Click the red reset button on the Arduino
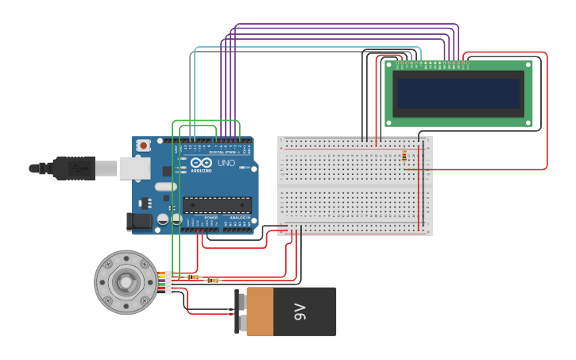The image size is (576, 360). tap(143, 145)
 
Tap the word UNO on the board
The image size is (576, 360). tap(226, 163)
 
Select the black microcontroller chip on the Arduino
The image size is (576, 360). tap(217, 205)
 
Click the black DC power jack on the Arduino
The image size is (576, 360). tap(139, 222)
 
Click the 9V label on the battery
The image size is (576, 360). tap(300, 312)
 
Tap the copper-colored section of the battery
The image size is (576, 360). tap(260, 312)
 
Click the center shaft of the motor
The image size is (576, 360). tap(125, 282)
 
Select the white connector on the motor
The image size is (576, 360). tap(169, 282)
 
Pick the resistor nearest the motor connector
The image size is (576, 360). tap(193, 277)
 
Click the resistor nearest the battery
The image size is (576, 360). tap(212, 281)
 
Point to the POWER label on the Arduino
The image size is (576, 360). tap(211, 217)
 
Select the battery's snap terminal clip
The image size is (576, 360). tap(240, 312)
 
